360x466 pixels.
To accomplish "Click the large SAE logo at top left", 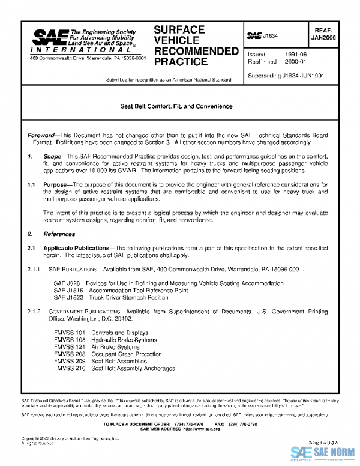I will [x=48, y=41].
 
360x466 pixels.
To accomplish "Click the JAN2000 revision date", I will [x=323, y=37].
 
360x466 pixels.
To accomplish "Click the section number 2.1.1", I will [x=35, y=269].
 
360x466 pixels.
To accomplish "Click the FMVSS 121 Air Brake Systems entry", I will [x=97, y=346].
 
